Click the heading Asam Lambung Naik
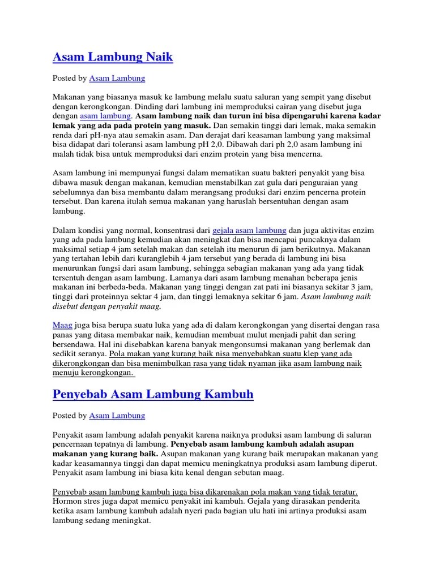point(113,57)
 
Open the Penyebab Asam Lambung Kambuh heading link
point(153,394)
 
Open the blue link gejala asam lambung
point(249,231)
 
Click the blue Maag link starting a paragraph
point(62,326)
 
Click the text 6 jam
point(287,296)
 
